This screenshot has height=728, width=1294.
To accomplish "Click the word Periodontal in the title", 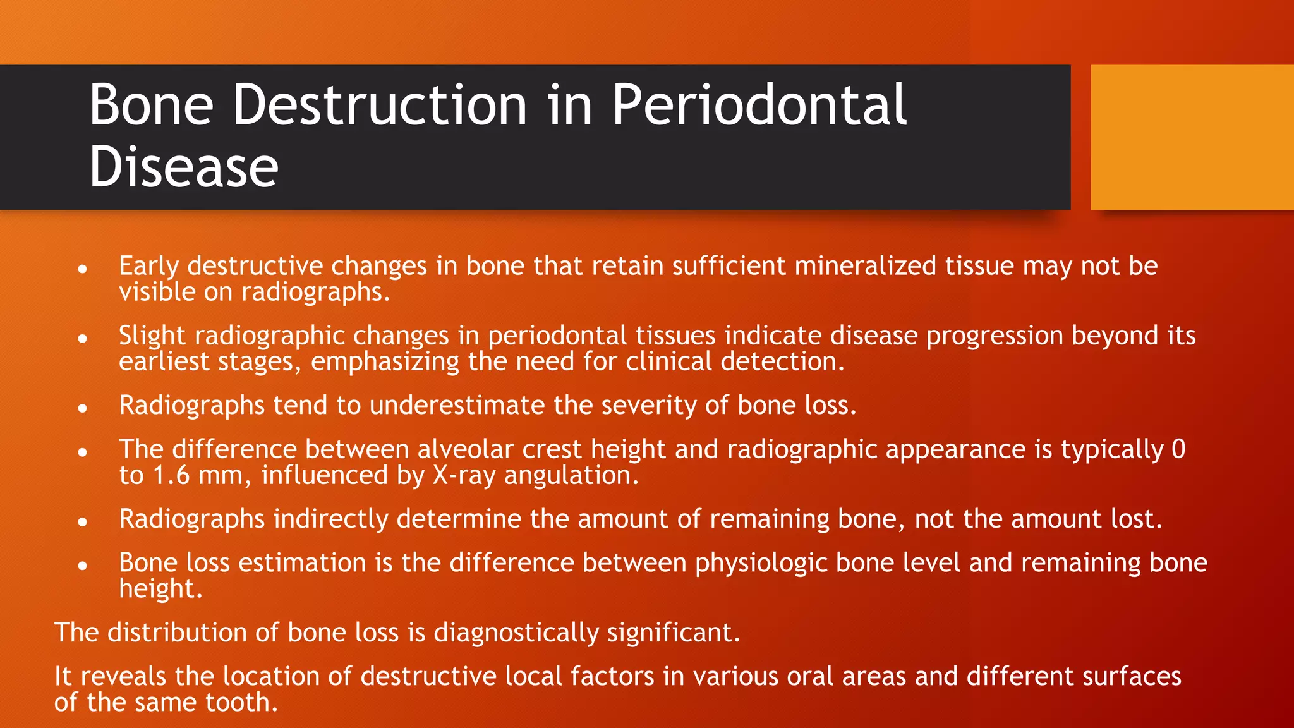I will click(758, 105).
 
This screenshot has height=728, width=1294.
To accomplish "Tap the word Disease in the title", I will click(183, 167).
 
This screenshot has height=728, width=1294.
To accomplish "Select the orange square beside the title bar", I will click(1192, 137).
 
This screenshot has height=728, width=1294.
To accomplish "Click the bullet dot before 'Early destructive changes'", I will click(82, 269).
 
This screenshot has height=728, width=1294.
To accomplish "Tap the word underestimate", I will click(457, 405).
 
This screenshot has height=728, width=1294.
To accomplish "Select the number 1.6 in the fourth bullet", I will click(171, 475).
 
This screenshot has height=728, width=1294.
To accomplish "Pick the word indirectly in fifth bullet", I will click(329, 519).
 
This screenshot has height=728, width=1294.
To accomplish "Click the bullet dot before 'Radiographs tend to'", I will click(82, 409).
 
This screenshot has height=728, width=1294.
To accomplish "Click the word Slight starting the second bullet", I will click(152, 336).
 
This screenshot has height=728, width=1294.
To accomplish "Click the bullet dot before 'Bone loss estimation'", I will click(82, 566).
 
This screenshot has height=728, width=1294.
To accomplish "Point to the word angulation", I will click(571, 475).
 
